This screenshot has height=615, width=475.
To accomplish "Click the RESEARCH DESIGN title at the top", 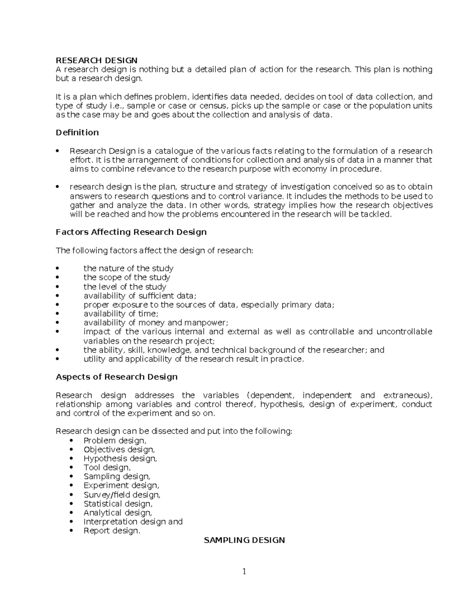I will tap(96, 60).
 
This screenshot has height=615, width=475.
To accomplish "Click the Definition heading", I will tap(77, 132).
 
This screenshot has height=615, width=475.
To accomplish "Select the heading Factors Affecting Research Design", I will tap(131, 232).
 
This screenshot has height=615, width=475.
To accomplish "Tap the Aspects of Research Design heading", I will tap(116, 377).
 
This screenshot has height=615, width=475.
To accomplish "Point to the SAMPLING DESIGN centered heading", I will tap(244, 540).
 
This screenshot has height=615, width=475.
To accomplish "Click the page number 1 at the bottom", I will tap(244, 571).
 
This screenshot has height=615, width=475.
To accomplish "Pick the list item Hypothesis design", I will tap(120, 459).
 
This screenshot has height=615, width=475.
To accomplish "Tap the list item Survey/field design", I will tap(122, 495).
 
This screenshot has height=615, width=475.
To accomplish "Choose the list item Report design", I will tap(112, 531).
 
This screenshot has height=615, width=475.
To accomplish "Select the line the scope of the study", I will tap(127, 277).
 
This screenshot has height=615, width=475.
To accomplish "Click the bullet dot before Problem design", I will tap(71, 441).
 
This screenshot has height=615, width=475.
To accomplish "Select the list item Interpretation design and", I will tap(133, 522).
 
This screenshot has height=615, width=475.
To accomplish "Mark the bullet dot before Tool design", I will tap(71, 468).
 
